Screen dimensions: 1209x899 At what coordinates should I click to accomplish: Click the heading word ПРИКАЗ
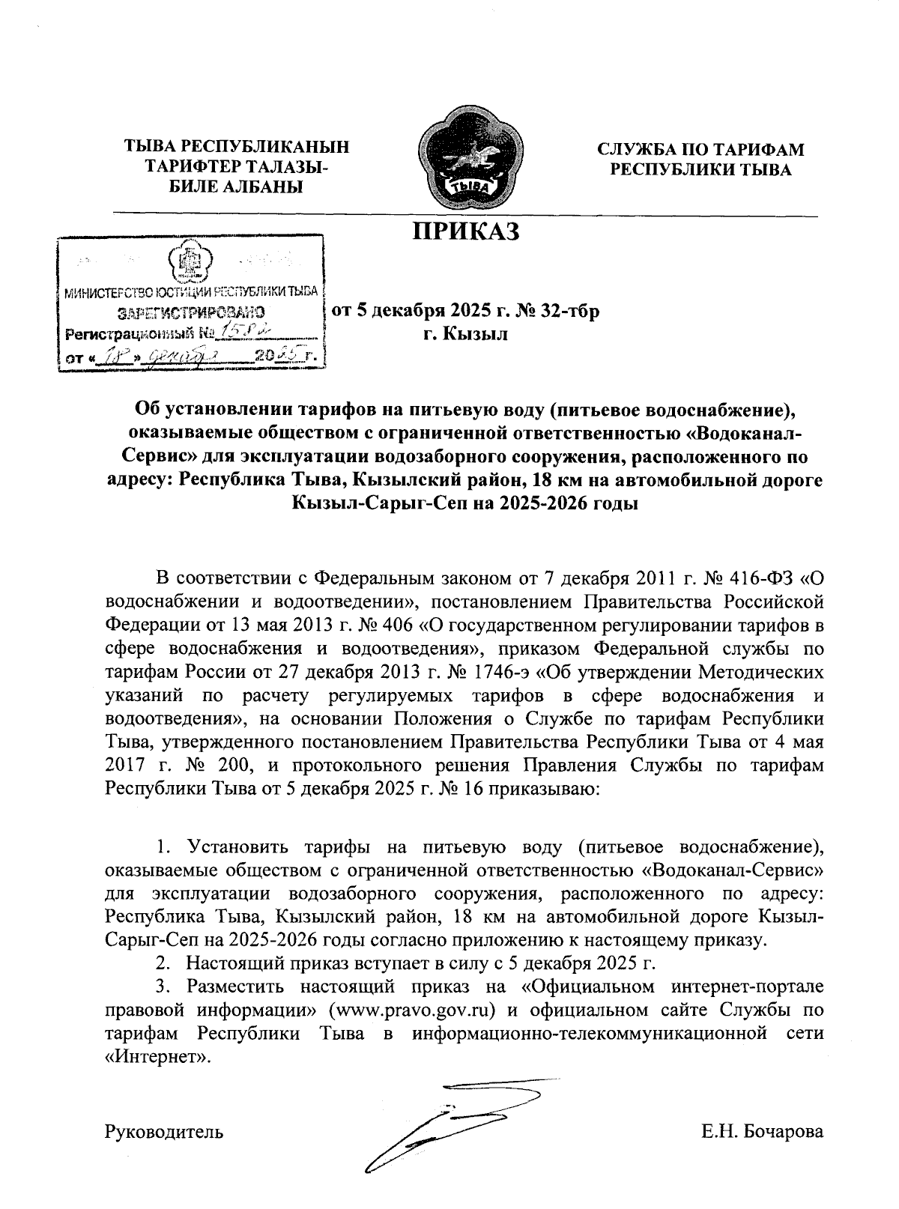pos(465,231)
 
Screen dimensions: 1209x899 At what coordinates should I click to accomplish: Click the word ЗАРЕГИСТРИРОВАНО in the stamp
pos(191,309)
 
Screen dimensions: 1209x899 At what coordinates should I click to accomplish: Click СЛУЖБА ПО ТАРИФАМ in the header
pos(700,149)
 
